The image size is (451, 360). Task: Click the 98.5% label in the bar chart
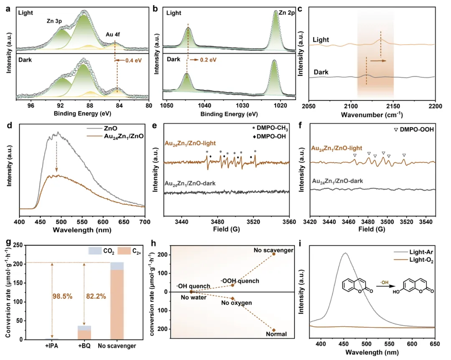click(x=62, y=297)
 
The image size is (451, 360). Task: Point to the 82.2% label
click(x=95, y=297)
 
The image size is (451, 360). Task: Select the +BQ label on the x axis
click(x=85, y=346)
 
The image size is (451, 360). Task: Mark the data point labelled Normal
click(x=274, y=330)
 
